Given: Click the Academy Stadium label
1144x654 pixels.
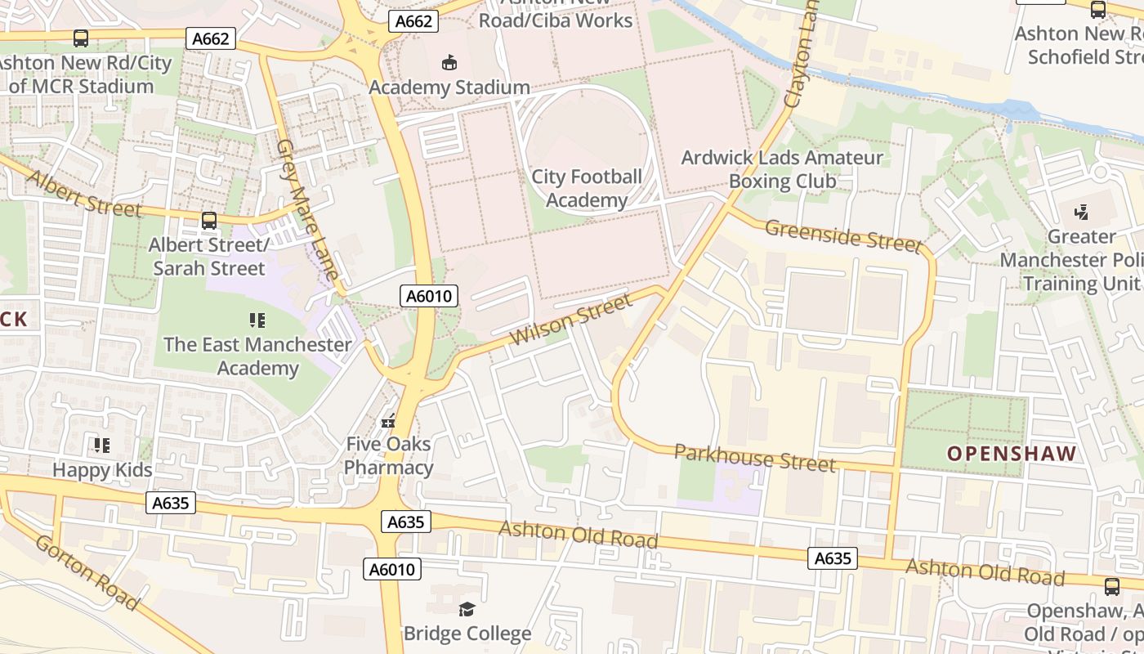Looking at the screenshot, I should [449, 87].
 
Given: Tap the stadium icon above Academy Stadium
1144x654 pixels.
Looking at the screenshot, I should [449, 62].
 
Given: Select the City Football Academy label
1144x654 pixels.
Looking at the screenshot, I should [587, 189].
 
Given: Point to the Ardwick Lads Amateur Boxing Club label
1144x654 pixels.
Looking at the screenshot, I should [782, 169].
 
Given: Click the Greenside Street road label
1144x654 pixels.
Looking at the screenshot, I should [842, 235].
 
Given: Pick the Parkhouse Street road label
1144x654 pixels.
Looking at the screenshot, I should [754, 458].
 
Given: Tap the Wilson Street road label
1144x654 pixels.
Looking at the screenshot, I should [570, 320].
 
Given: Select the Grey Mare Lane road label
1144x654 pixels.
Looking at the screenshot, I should [307, 209].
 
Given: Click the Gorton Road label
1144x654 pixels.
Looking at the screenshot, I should [87, 575].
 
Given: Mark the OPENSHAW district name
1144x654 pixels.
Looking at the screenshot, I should [1012, 454].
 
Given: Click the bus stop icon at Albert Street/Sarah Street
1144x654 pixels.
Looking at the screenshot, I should [209, 221].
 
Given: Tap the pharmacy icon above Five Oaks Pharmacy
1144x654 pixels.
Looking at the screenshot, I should [389, 422].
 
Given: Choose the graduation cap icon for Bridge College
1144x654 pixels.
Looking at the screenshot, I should [467, 609].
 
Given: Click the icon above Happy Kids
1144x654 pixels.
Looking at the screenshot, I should [102, 446].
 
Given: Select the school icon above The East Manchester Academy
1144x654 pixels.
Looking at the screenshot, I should [257, 320].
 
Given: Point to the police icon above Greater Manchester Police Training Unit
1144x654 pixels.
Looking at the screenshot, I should [1082, 213].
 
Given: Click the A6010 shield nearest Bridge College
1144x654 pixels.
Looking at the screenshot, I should [392, 569].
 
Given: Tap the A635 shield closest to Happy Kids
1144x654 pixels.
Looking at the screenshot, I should [172, 503].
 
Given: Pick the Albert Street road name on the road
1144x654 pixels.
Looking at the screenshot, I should [84, 193].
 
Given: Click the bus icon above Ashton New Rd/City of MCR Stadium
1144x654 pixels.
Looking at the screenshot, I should [81, 38].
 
